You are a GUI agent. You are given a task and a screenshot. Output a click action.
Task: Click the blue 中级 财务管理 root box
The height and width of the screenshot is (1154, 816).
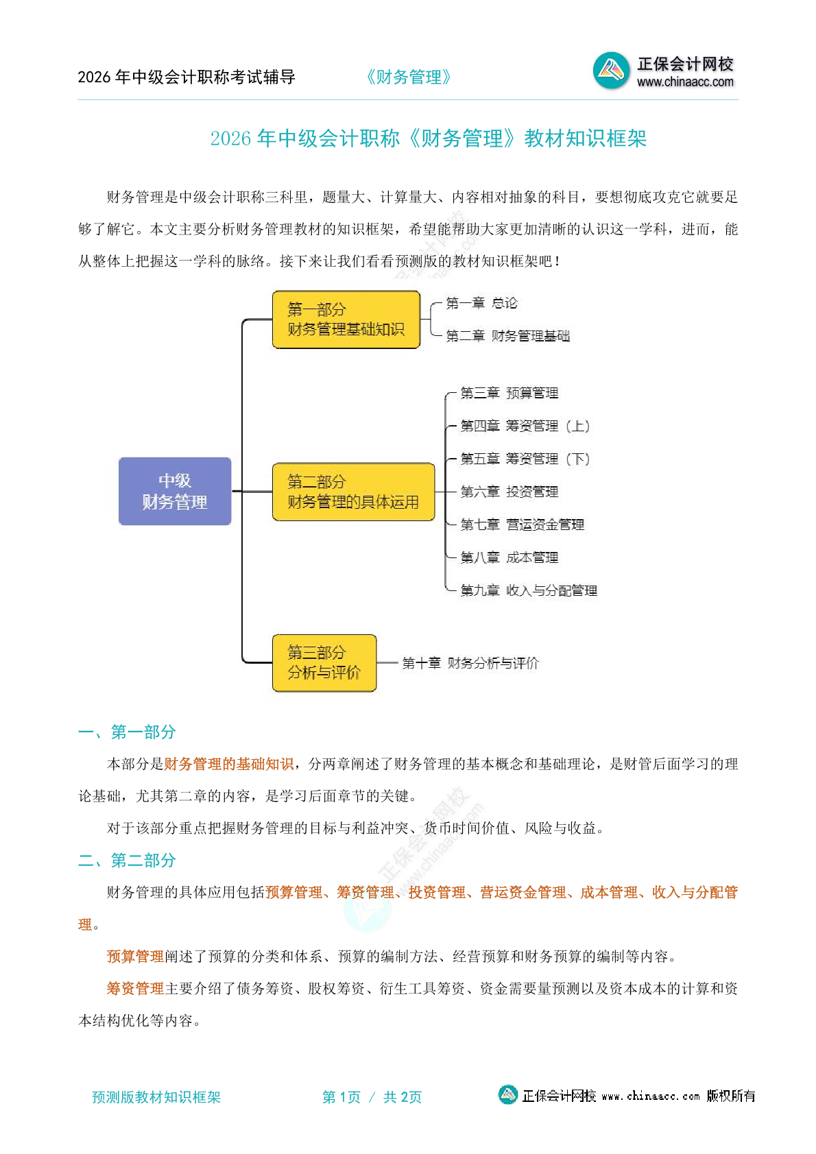(175, 491)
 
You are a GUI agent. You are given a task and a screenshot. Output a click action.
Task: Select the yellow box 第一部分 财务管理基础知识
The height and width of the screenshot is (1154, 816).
(346, 320)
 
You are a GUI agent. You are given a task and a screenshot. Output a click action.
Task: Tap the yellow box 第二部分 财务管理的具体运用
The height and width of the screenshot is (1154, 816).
(353, 492)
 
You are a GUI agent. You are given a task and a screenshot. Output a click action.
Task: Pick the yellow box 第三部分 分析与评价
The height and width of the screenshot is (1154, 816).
(324, 662)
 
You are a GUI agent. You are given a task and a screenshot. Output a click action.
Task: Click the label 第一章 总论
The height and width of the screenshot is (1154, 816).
(481, 303)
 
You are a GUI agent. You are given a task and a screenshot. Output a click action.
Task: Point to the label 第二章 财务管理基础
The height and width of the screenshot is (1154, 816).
(507, 336)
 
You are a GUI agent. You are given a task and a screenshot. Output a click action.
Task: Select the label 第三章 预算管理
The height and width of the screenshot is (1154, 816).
(509, 393)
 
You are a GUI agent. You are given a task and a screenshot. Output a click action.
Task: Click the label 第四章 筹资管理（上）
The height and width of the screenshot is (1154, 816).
(525, 426)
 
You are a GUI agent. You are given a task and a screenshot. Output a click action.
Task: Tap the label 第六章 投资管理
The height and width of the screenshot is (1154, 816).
(509, 492)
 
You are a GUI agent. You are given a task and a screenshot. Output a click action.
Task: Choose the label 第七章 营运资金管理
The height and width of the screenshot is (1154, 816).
(522, 525)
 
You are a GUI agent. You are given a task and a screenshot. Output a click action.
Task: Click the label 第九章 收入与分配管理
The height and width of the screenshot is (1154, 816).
(529, 590)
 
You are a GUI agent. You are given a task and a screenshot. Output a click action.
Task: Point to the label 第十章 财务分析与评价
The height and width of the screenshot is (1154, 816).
(470, 663)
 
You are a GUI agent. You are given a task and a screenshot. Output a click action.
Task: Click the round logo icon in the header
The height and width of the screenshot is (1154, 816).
(610, 70)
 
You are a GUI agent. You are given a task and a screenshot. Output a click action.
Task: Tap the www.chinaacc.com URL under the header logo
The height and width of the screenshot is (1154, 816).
(685, 82)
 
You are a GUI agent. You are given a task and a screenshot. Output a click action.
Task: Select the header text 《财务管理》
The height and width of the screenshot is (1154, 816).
(409, 77)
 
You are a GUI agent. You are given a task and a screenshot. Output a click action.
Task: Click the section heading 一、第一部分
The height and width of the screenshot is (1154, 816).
(127, 732)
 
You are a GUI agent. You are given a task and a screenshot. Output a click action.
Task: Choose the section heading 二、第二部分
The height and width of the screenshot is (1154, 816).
(127, 860)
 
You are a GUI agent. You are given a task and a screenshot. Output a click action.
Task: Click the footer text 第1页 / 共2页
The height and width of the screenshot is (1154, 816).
(372, 1097)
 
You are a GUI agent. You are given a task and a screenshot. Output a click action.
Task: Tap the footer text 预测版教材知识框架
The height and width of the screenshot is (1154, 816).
(156, 1097)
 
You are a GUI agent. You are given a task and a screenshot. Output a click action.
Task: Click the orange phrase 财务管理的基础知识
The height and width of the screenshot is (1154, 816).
(229, 764)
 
